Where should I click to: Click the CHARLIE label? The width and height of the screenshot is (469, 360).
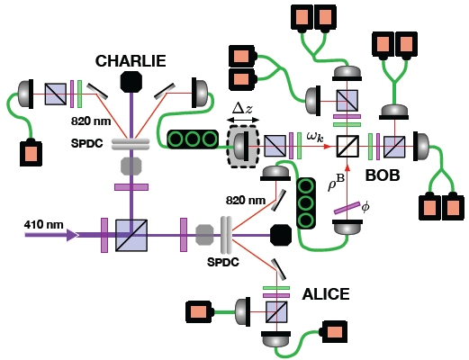[x=131, y=61]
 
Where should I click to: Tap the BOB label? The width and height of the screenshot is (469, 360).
[x=383, y=175]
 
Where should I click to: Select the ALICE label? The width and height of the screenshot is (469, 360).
[x=326, y=294]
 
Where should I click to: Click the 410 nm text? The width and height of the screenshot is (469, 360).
[x=44, y=225]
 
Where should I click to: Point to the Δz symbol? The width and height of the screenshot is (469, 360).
[x=243, y=108]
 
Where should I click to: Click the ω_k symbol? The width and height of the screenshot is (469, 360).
[x=315, y=137]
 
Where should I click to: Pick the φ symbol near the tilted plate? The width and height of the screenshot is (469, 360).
[x=365, y=207]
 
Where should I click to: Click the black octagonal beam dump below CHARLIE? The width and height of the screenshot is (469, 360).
[x=131, y=82]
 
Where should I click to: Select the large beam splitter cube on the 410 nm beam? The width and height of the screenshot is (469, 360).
[x=131, y=236]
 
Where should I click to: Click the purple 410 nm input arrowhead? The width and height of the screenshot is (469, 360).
[x=73, y=235]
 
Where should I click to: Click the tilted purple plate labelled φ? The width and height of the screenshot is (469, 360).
[x=347, y=208]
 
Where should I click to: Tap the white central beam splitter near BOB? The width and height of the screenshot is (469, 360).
[x=347, y=147]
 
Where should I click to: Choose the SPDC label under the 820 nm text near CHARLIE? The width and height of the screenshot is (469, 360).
[x=86, y=143]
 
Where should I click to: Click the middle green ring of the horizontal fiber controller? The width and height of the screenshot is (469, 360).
[x=193, y=139]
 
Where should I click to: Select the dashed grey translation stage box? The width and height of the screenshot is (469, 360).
[x=243, y=146]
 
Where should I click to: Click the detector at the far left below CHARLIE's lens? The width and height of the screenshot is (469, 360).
[x=31, y=153]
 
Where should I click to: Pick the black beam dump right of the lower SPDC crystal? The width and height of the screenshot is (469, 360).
[x=281, y=235]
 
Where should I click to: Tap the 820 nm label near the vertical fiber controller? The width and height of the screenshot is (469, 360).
[x=246, y=200]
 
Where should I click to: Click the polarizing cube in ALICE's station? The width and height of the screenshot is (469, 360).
[x=276, y=312]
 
